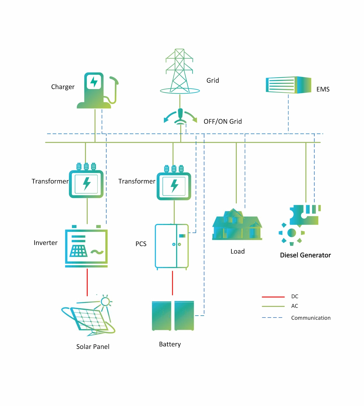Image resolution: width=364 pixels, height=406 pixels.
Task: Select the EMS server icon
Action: click(x=288, y=85)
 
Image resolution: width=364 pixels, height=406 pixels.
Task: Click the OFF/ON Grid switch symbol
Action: click(x=180, y=117)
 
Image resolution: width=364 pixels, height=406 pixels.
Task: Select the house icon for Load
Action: click(x=237, y=225)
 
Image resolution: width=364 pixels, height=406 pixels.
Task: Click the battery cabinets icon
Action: click(x=173, y=316)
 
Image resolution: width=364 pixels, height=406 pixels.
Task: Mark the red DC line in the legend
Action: click(x=273, y=297)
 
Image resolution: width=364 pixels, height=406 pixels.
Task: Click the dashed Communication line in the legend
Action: click(x=272, y=317)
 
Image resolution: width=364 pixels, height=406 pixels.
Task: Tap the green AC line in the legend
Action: click(x=273, y=306)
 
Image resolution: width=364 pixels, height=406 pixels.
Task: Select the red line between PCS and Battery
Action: click(x=172, y=283)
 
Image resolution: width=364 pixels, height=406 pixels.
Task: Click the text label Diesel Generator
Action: click(x=305, y=255)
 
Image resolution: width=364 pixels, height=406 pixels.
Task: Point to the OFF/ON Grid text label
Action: click(x=223, y=122)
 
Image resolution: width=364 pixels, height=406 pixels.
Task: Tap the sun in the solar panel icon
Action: click(x=105, y=302)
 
